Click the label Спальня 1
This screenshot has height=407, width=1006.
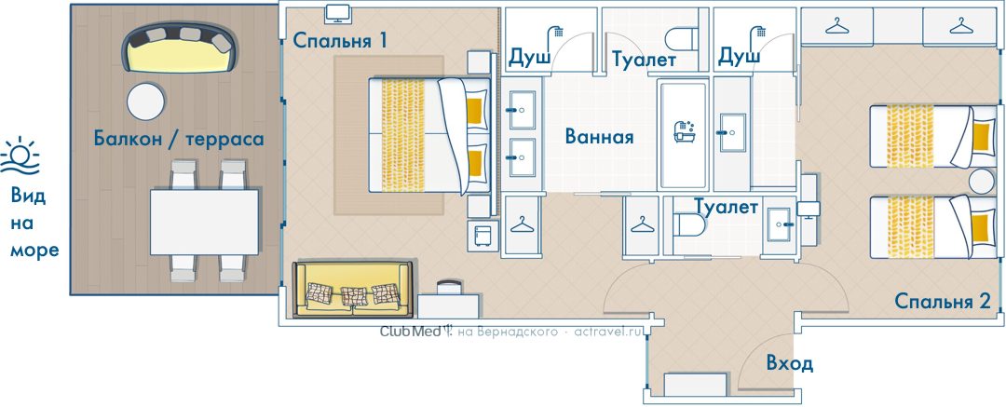pos(340,40)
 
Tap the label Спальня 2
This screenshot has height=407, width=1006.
pos(943,301)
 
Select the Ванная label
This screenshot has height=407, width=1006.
pos(599,137)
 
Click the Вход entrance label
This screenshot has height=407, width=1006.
pos(789,364)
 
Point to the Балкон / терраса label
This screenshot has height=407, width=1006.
pos(179,139)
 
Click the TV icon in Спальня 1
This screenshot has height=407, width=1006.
pos(337,13)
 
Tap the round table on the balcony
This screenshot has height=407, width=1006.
pos(145,102)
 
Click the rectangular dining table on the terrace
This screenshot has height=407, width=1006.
pos(204,222)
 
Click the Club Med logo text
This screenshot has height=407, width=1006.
pos(410,332)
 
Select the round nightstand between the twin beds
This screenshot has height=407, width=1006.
pos(981,182)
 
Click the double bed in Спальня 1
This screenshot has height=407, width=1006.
pos(429,135)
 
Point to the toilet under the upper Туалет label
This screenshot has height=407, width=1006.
pos(682,38)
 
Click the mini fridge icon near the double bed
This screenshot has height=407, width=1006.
pos(483,236)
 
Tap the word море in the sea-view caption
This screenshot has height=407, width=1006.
pos(34,251)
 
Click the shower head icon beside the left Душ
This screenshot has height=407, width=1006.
pos(555,34)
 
